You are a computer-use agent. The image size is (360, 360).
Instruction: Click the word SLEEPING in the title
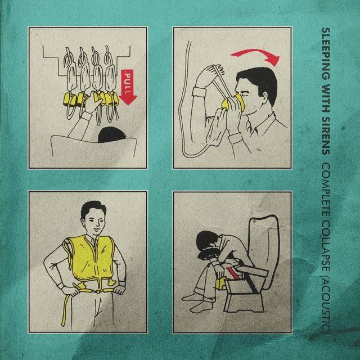point(326,54)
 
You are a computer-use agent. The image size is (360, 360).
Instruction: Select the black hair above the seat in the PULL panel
point(111,135)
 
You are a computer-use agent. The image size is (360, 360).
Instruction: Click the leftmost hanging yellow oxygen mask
point(70,100)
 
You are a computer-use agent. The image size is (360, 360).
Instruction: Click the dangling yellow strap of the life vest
point(64,310)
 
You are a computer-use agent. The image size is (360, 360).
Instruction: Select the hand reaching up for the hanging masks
point(94,102)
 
